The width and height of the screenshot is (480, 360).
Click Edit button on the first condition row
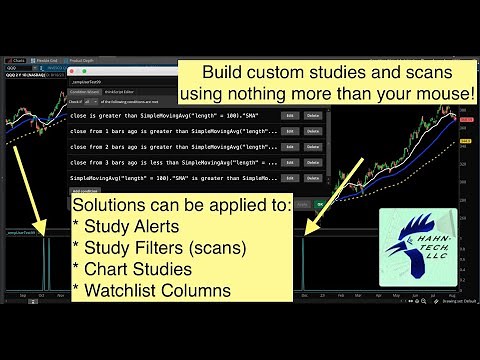coord(290,116)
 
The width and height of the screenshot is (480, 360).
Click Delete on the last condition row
coord(313,178)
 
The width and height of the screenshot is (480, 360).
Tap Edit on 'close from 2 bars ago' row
coord(290,147)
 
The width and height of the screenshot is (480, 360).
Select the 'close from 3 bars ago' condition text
coord(170,162)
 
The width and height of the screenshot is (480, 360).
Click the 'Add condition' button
coord(88,190)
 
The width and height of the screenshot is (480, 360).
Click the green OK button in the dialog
coord(320,205)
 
